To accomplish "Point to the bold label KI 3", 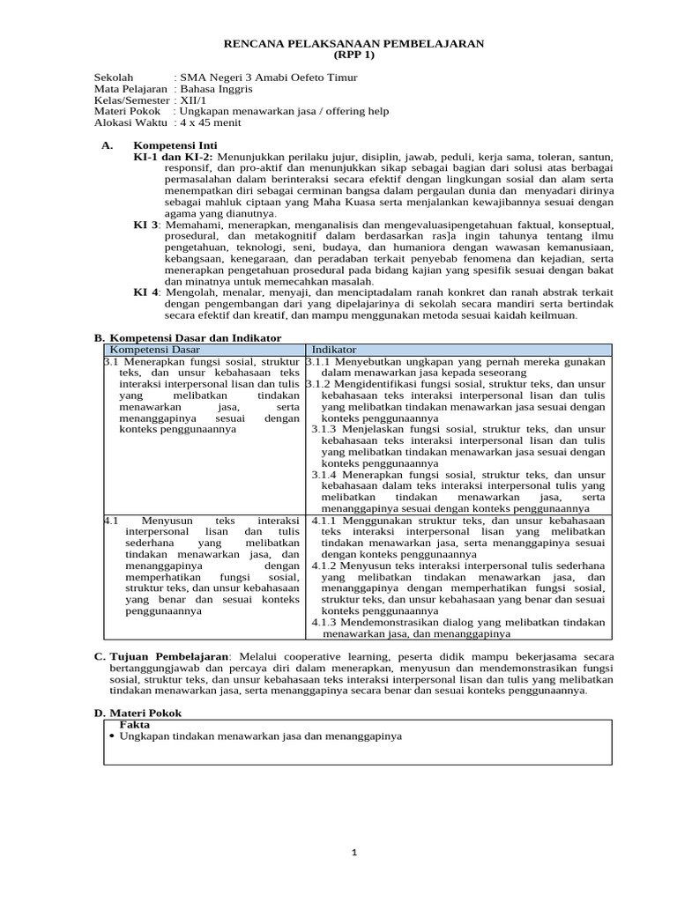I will pos(145,225).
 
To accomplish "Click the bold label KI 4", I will pos(145,292).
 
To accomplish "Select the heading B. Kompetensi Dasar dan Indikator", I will pos(188,337).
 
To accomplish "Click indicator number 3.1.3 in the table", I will pos(329,428).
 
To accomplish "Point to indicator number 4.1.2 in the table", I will pos(329,566).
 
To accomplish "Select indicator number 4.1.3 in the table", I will pos(329,622).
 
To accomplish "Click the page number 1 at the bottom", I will pos(353,853).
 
